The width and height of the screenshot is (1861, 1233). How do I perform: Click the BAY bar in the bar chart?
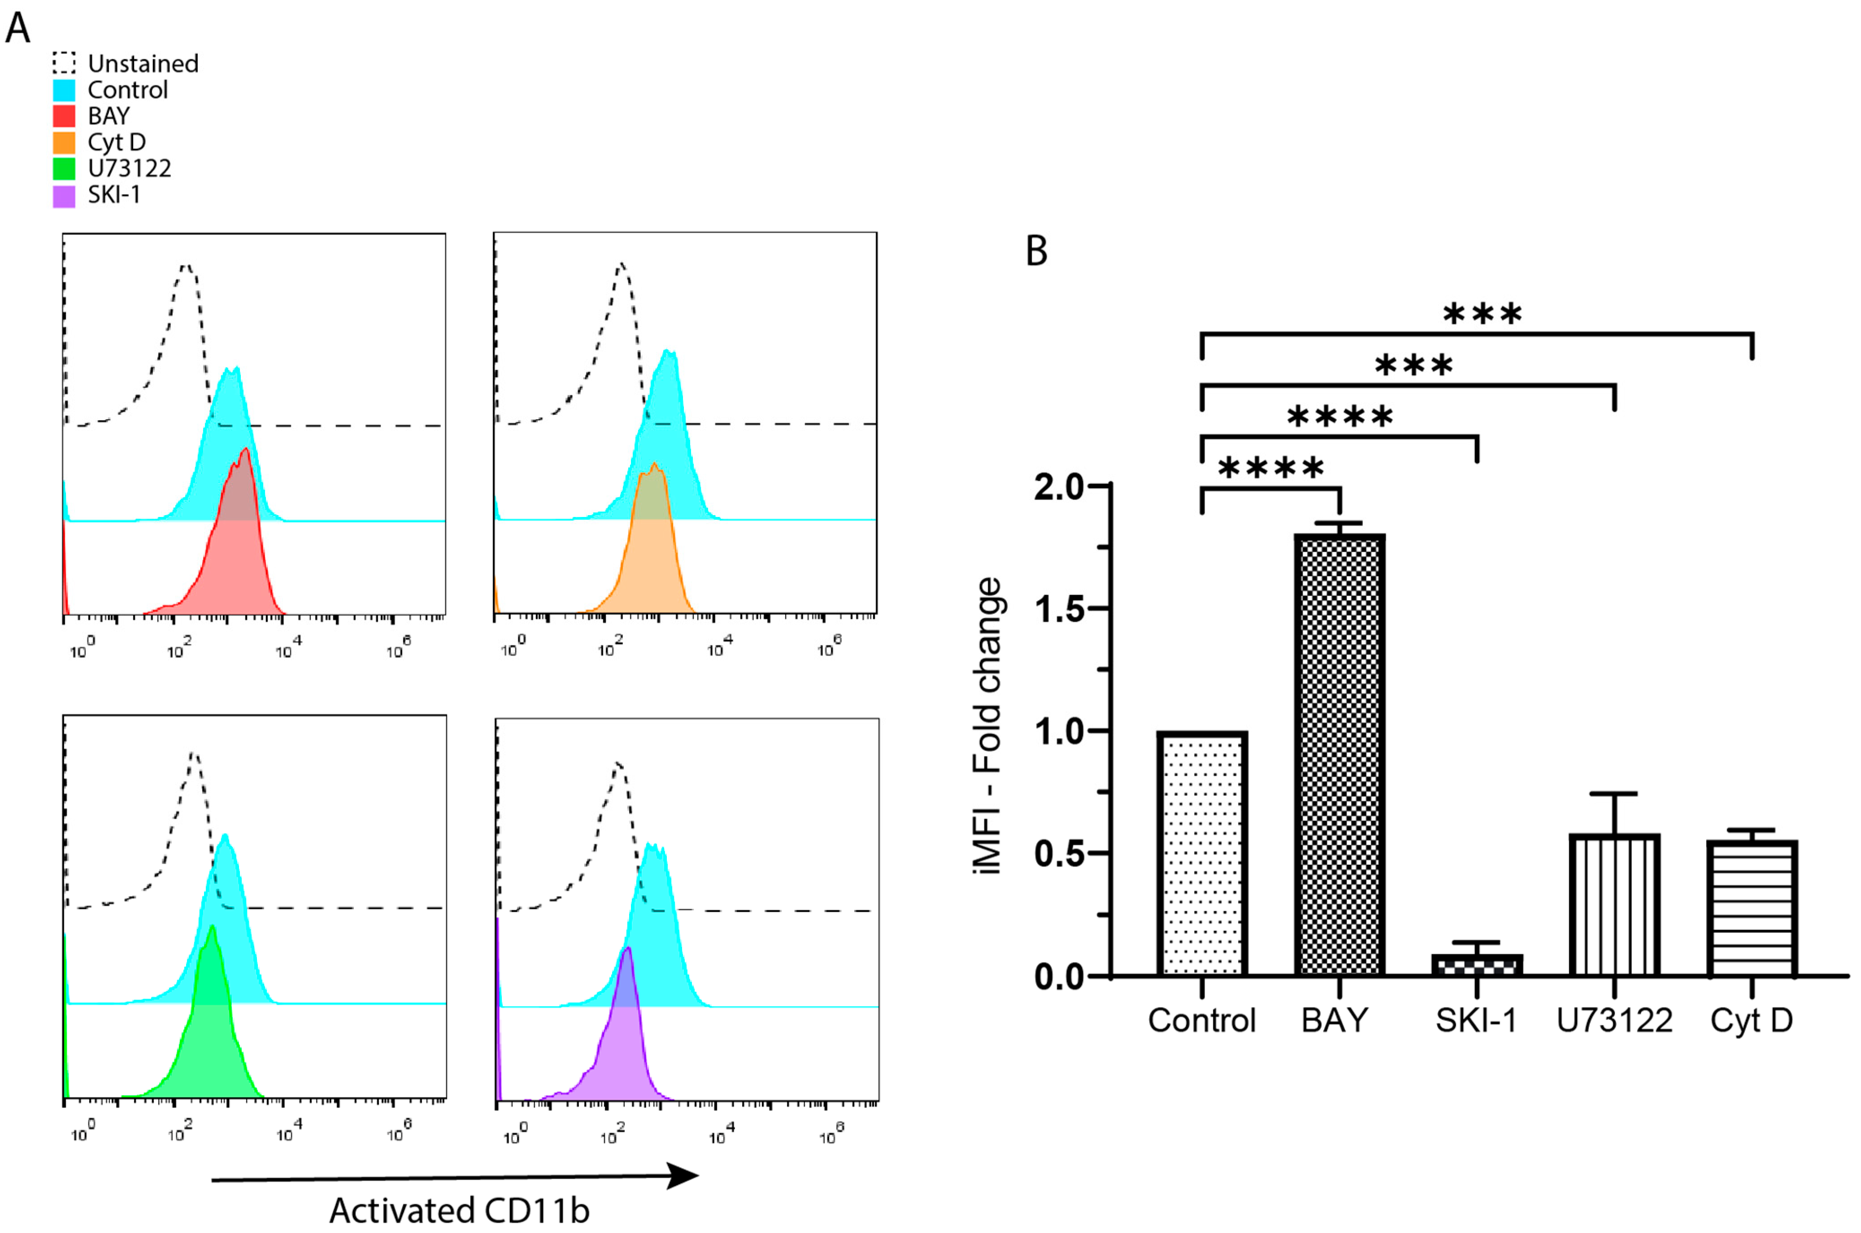click(x=1340, y=755)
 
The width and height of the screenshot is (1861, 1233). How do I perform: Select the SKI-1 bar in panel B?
click(x=1477, y=965)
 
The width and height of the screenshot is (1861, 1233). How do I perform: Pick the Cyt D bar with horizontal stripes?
click(x=1752, y=908)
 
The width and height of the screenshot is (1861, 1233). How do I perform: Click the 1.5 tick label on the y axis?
click(x=1059, y=609)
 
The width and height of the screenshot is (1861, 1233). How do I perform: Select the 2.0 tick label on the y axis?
click(x=1059, y=487)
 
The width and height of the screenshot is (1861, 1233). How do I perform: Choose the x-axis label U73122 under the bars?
click(x=1614, y=1020)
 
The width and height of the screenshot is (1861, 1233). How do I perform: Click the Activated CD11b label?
click(x=459, y=1210)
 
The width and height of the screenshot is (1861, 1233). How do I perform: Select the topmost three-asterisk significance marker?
click(x=1482, y=315)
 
